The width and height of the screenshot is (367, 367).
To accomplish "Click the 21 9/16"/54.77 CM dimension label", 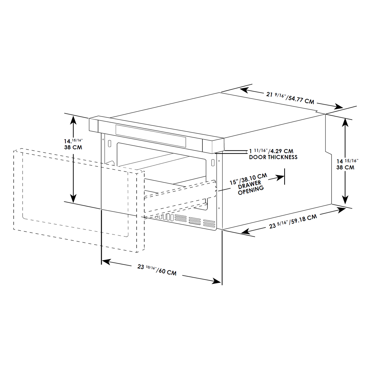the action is tap(290, 98).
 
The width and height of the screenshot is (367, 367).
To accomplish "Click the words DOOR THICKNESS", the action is tap(273, 157).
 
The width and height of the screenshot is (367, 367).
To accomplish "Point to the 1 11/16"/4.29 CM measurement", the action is tap(272, 151).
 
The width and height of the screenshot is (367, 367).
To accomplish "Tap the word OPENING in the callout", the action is tap(251, 191).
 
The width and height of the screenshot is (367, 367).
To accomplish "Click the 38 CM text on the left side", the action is tap(73, 147).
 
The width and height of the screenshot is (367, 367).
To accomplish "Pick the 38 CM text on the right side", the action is tap(345, 167).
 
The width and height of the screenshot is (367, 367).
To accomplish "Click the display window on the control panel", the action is tap(151, 136).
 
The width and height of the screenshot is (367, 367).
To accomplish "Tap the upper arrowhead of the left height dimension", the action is tap(73, 120).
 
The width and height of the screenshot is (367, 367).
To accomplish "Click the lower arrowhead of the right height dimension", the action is tap(345, 200).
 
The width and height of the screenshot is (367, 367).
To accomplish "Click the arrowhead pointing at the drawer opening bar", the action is tap(280, 178).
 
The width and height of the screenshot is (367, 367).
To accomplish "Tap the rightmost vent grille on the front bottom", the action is tap(209, 224).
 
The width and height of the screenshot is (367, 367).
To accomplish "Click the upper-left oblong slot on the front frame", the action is tap(109, 143).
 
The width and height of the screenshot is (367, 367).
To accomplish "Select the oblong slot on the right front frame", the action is tap(213, 162).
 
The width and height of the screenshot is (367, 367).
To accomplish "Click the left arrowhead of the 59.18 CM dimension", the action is tap(246, 231).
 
